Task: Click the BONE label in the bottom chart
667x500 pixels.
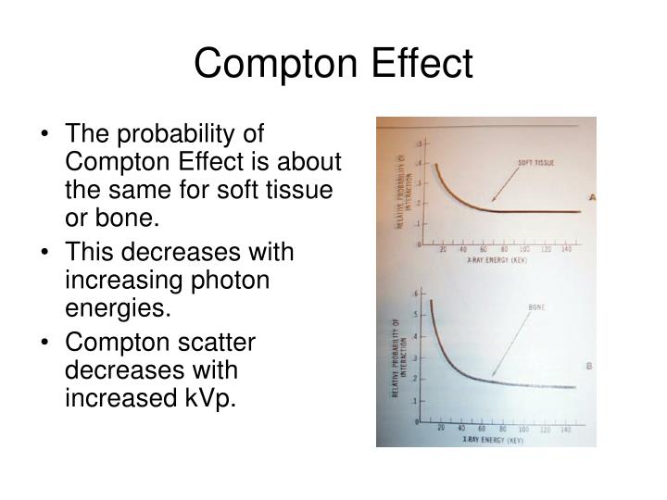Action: click(536, 306)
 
